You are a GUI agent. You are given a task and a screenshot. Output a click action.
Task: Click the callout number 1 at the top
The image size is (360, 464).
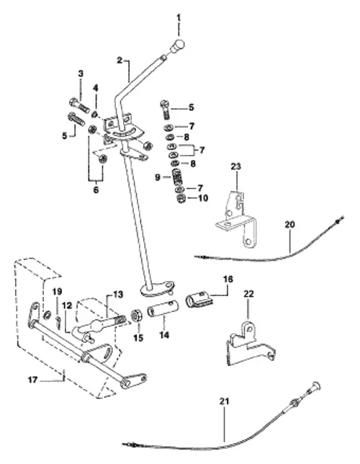pos(179,16)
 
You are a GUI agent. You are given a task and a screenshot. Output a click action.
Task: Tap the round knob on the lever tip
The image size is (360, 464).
pos(177,47)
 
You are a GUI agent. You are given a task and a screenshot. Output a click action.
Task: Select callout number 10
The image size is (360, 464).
pos(203,197)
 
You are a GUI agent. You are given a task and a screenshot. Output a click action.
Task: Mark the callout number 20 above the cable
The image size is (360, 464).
pos(288,225)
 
